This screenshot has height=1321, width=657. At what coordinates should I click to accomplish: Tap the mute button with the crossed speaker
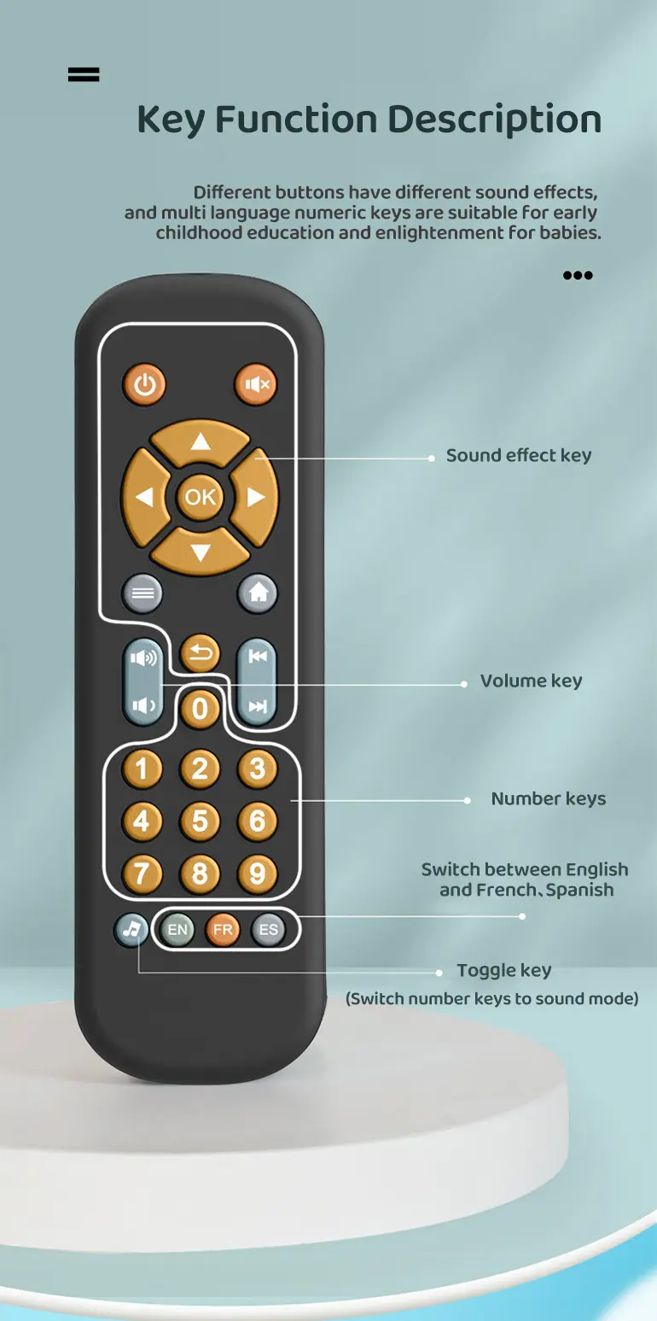256,384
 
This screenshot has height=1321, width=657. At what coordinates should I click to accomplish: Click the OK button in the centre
201,496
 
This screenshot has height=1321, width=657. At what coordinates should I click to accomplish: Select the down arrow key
201,551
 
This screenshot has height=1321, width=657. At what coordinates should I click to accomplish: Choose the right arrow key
256,496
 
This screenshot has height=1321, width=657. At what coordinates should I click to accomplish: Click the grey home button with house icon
258,593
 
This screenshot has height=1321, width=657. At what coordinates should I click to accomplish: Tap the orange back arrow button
201,654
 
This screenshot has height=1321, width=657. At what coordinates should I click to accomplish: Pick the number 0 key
201,709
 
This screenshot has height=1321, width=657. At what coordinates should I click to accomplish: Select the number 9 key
257,874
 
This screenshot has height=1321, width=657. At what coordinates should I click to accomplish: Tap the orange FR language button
223,930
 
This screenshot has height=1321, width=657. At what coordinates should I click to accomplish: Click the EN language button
177,930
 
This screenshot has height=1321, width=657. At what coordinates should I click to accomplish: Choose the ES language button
268,930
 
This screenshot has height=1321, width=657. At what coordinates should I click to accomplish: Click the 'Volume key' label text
531,681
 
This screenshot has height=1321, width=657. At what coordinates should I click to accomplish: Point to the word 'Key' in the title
171,120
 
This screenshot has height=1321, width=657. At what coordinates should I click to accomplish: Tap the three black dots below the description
578,275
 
